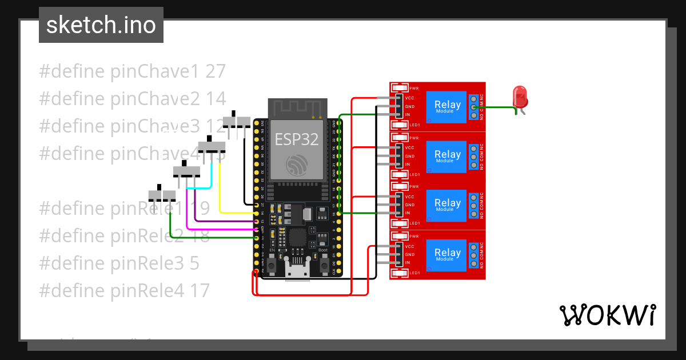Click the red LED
[x=520, y=97]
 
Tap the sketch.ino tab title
[x=101, y=25]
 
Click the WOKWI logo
[x=607, y=315]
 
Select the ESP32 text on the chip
[x=297, y=140]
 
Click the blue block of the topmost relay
[x=447, y=106]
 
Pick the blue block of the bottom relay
[x=447, y=254]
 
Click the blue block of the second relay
[x=447, y=155]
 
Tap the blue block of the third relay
[x=447, y=205]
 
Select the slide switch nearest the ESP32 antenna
[x=236, y=122]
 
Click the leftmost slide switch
[x=162, y=195]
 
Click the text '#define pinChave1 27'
[x=133, y=71]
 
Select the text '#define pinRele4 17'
[x=125, y=291]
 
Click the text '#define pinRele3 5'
[x=119, y=263]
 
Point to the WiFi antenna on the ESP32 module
[x=297, y=108]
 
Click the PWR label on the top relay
[x=414, y=89]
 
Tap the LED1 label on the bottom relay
[x=414, y=273]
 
